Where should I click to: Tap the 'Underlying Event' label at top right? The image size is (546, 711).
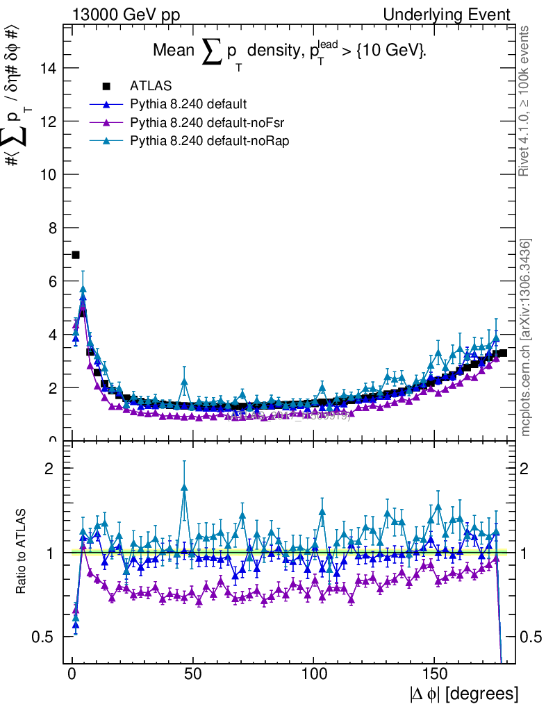[456, 15]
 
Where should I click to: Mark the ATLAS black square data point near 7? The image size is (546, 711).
[76, 255]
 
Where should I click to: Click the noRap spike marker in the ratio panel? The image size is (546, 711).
[184, 487]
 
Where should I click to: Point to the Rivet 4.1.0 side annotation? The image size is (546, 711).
[526, 101]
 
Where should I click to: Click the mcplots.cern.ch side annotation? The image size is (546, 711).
[526, 337]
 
